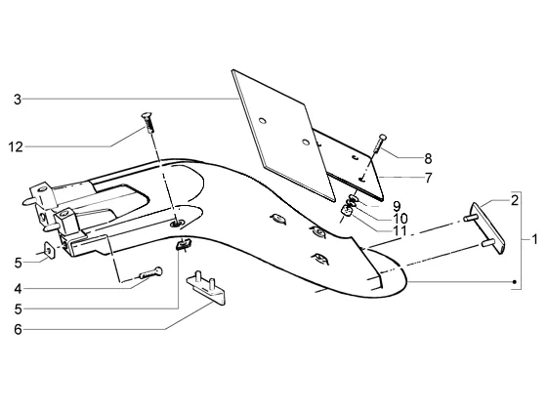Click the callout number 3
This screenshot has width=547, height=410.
pyautogui.click(x=18, y=100)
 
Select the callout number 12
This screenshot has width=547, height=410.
pyautogui.click(x=16, y=147)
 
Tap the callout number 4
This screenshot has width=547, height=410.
pyautogui.click(x=18, y=289)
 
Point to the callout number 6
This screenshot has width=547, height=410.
pyautogui.click(x=18, y=330)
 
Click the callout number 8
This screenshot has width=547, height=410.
pyautogui.click(x=428, y=159)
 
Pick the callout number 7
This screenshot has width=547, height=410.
pyautogui.click(x=429, y=178)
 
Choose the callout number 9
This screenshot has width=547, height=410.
pyautogui.click(x=397, y=206)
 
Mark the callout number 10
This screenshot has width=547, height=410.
pyautogui.click(x=400, y=219)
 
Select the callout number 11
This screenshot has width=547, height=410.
pyautogui.click(x=400, y=230)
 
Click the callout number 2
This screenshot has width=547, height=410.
pyautogui.click(x=515, y=201)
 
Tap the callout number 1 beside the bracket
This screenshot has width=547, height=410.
pyautogui.click(x=534, y=239)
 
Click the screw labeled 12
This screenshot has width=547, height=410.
pyautogui.click(x=147, y=122)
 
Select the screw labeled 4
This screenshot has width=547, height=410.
pyautogui.click(x=150, y=273)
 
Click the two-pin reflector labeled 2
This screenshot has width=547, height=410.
pyautogui.click(x=485, y=228)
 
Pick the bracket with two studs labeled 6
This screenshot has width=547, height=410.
pyautogui.click(x=206, y=288)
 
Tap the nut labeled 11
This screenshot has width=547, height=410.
pyautogui.click(x=347, y=211)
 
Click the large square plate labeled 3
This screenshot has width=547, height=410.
pyautogui.click(x=281, y=136)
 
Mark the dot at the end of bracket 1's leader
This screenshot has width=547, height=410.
pyautogui.click(x=514, y=282)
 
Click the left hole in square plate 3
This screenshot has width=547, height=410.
pyautogui.click(x=263, y=121)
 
